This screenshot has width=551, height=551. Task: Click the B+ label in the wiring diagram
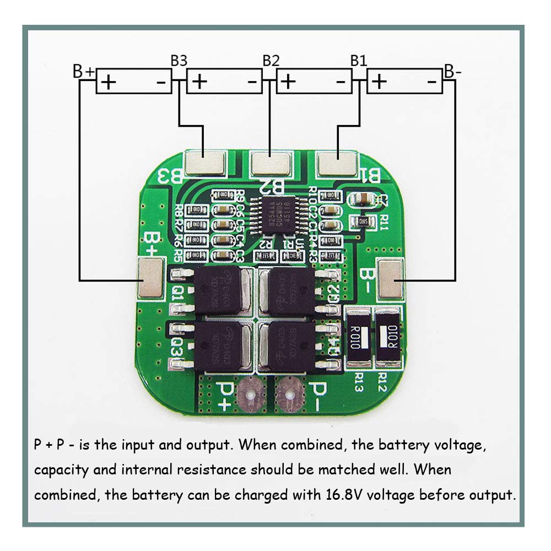(84, 72)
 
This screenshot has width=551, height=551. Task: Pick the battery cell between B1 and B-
(404, 82)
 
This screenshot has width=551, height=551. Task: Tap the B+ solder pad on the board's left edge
(150, 279)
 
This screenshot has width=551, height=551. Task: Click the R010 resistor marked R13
(357, 338)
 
